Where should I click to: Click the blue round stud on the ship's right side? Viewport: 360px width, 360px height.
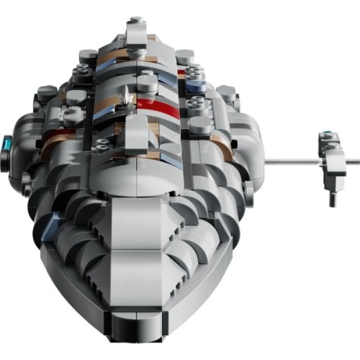(197, 86)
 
